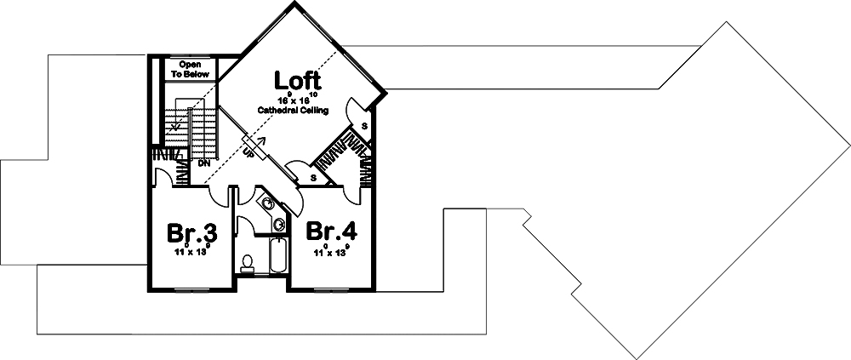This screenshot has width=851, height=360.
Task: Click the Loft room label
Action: click(x=298, y=81)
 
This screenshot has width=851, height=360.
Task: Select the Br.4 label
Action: click(x=330, y=232)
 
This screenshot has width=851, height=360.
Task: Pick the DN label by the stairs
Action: click(x=204, y=162)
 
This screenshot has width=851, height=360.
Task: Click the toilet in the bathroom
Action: click(x=247, y=263)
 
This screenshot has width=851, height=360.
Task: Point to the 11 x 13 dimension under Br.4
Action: click(x=330, y=253)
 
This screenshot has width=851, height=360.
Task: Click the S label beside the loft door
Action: click(x=364, y=126)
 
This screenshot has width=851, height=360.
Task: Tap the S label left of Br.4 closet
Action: click(x=314, y=178)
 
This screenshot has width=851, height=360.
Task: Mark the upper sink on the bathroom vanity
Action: click(x=267, y=204)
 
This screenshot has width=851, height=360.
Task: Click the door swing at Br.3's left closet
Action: click(x=162, y=176)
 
